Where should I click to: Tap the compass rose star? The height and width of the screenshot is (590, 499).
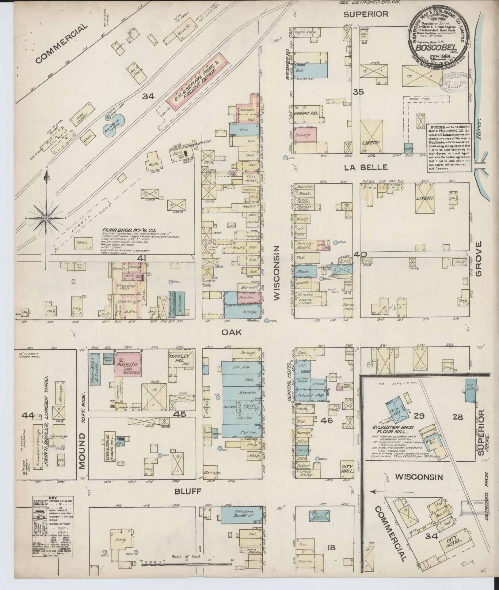pos(46,218)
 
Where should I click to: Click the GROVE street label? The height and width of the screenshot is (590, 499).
pos(479,259)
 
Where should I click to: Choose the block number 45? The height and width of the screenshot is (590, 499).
pos(179,414)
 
